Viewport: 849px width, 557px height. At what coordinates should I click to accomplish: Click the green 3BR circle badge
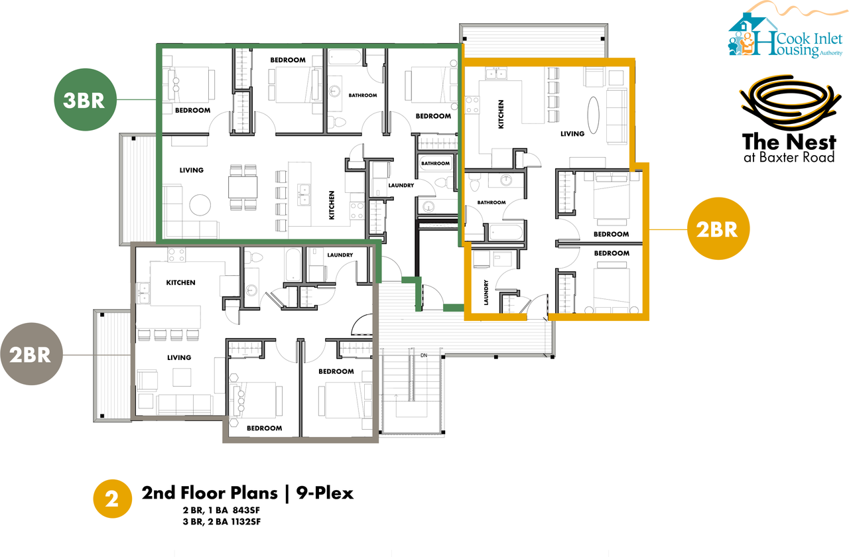pos(85,99)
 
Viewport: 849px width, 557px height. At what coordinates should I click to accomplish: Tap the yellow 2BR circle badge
pos(718,229)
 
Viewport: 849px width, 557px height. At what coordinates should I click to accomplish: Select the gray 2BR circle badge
pos(31,354)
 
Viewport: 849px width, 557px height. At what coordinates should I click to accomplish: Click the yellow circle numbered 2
pos(113,499)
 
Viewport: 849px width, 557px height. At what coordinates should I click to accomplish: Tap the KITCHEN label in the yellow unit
pos(501,114)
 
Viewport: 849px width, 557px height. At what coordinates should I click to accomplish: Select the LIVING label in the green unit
pos(192,170)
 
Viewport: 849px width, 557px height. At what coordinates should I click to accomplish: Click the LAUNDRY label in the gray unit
pos(340,255)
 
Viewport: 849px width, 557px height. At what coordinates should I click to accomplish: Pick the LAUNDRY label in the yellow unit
pos(486,292)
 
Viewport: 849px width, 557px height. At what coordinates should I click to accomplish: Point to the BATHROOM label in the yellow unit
pos(491,202)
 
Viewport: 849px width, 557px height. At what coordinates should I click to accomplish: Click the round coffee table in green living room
pos(200,205)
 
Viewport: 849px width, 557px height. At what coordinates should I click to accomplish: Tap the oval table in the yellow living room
pos(593,115)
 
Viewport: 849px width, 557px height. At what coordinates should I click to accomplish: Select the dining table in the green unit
pos(243,187)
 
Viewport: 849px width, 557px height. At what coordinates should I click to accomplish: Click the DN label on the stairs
pos(424,355)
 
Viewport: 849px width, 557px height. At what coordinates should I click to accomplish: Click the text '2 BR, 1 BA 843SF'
pos(222,510)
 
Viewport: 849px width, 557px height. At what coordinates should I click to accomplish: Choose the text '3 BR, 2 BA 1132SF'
pos(222,522)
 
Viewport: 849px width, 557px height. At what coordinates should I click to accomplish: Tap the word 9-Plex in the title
pos(325,493)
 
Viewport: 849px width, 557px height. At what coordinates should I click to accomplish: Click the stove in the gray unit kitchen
pos(176,255)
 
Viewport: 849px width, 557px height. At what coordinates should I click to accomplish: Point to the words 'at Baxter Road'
pos(789,157)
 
